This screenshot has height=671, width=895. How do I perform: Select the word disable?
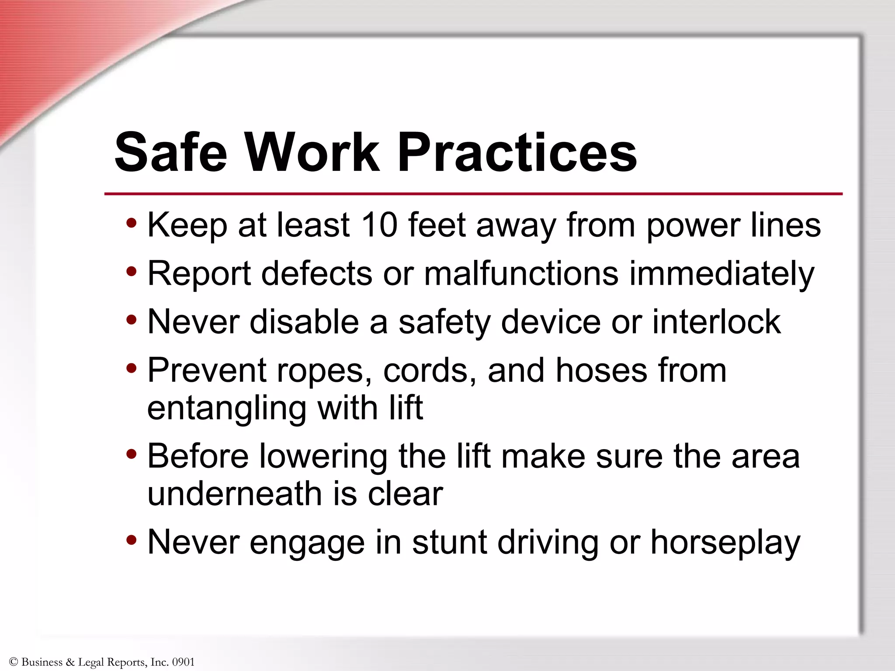tap(304, 322)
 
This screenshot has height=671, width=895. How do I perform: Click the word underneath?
tap(234, 494)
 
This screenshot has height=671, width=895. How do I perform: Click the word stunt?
tap(449, 542)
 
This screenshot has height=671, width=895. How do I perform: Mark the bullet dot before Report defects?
tap(131, 272)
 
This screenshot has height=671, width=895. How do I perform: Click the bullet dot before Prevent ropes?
tap(131, 369)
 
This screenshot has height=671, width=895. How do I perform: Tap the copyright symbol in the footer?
tap(13, 662)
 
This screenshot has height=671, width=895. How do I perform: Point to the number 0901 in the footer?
tap(183, 662)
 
